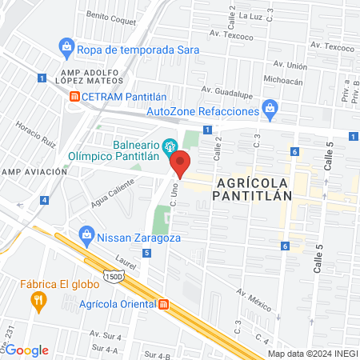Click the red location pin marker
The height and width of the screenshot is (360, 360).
coord(181,163)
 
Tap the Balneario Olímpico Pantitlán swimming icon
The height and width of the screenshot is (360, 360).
coord(170,147)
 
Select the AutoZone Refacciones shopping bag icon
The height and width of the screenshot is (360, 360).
coord(270,106)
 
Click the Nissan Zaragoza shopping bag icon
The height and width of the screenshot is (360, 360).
coord(86,236)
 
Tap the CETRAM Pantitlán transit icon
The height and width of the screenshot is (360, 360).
coord(74,96)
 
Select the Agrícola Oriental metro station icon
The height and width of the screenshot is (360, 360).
coord(164,304)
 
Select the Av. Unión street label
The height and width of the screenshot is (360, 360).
coord(290,64)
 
